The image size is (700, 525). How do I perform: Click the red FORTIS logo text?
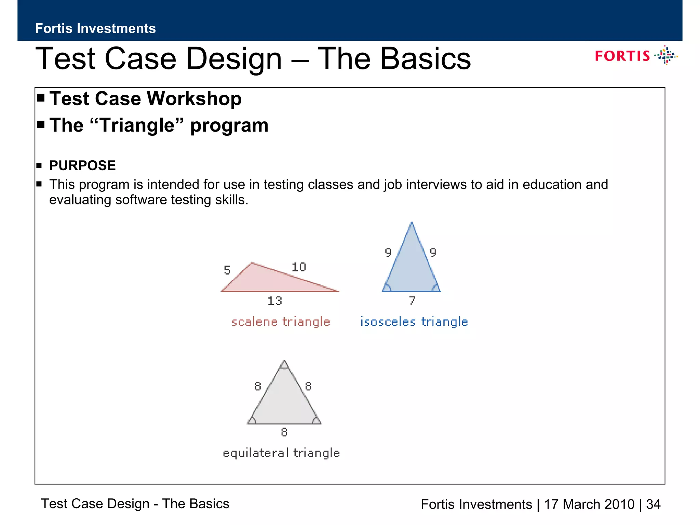622,56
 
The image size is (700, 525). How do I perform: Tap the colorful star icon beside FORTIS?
666,55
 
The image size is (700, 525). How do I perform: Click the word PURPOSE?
82,165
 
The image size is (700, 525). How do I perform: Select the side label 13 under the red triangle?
275,301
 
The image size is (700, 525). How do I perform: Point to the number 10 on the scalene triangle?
299,267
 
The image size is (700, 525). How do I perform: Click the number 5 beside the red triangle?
227,270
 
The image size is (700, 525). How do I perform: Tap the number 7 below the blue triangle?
412,300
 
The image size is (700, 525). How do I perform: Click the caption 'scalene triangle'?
281,322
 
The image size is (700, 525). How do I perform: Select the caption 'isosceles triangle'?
414,322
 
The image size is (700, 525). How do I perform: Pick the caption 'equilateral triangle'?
281,453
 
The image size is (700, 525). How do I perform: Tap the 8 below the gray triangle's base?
284,432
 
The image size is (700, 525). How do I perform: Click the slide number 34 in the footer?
653,504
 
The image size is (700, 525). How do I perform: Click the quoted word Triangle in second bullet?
138,125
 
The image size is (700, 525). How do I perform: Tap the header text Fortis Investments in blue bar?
95,28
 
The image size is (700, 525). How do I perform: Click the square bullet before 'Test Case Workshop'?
41,98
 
